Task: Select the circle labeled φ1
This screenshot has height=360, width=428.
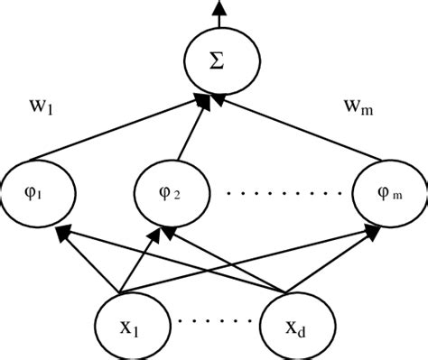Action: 37,192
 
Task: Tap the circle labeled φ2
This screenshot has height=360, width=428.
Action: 172,192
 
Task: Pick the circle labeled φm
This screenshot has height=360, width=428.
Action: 388,192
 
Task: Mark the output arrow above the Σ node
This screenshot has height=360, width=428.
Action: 216,14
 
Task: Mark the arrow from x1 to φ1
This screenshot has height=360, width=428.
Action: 90,262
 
